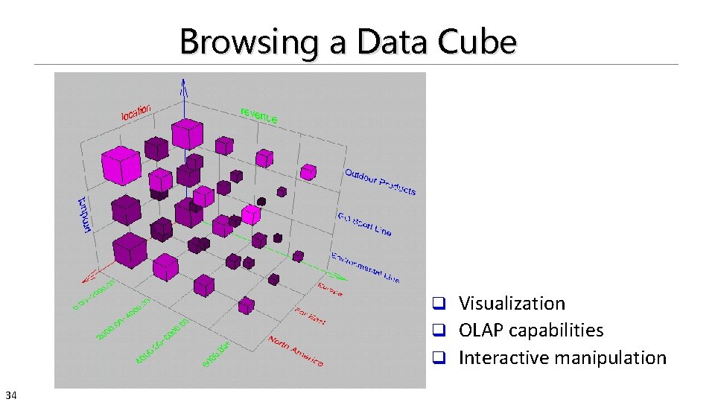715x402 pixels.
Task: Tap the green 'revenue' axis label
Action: click(x=258, y=115)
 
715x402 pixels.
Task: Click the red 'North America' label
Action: click(x=296, y=351)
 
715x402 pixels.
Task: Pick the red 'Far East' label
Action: click(x=310, y=316)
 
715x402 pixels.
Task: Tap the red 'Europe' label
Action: click(x=330, y=289)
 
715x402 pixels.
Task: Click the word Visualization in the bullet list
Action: click(x=512, y=303)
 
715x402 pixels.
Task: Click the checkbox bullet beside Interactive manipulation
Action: click(x=439, y=358)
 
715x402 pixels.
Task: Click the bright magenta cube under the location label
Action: click(x=121, y=165)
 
